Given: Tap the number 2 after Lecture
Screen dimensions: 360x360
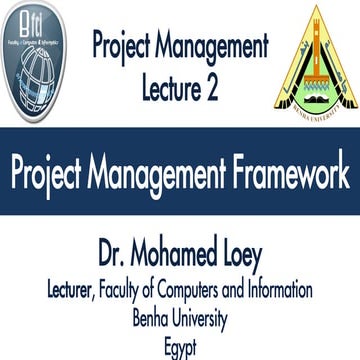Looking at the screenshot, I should (x=213, y=88).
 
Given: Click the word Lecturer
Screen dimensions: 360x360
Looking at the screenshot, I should (x=80, y=291).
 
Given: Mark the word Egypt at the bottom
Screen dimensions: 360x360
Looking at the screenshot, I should (x=180, y=348).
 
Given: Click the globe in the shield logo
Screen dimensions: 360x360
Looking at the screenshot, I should (x=42, y=80).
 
